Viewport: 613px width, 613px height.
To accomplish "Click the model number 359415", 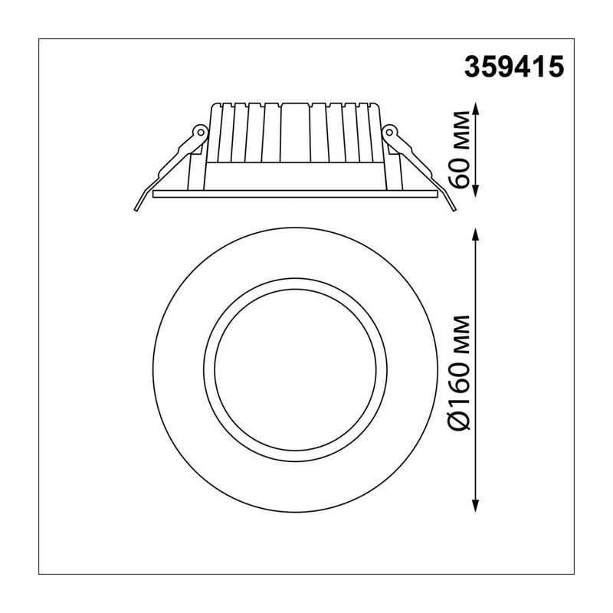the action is (x=514, y=67).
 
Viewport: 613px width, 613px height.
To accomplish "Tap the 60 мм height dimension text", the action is (x=459, y=149).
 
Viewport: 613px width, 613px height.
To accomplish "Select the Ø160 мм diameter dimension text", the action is (x=459, y=372).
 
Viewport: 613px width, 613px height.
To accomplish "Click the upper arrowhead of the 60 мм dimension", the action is (x=475, y=109).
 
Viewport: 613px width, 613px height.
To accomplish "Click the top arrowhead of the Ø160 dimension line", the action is (x=475, y=235).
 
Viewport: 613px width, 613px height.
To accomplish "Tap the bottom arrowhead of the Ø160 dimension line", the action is (x=475, y=505).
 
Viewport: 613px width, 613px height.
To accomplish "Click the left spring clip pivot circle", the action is (x=200, y=132).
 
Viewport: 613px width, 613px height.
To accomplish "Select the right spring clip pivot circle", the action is (x=389, y=132).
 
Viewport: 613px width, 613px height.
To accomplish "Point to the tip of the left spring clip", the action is (x=136, y=210).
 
